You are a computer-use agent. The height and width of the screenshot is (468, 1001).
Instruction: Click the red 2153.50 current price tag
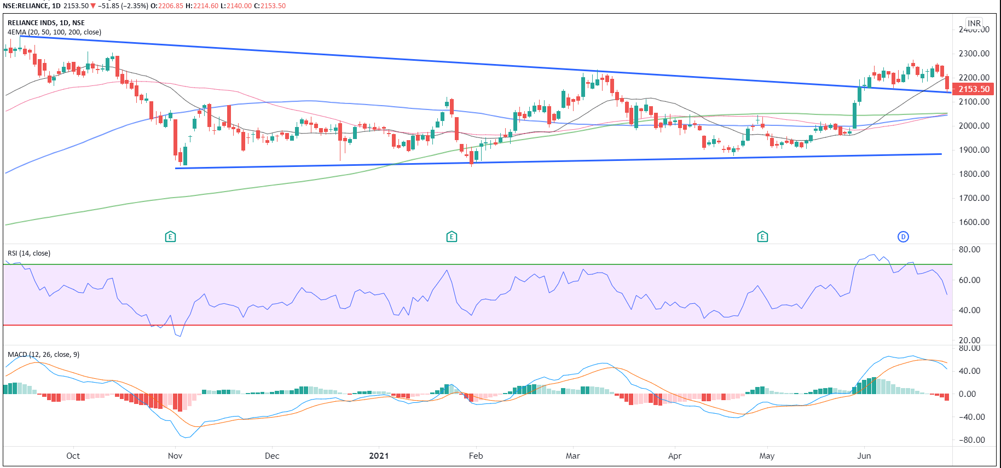click(x=974, y=89)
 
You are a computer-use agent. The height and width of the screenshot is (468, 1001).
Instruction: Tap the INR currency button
click(x=974, y=23)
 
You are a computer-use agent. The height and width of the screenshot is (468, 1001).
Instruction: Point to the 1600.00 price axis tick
click(x=974, y=222)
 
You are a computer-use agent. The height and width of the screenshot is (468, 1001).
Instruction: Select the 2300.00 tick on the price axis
click(x=974, y=54)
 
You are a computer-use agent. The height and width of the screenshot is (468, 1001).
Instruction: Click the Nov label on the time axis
click(x=175, y=455)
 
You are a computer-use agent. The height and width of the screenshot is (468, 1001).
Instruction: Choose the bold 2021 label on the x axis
click(x=379, y=455)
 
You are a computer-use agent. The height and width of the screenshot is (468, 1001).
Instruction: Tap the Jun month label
click(x=864, y=455)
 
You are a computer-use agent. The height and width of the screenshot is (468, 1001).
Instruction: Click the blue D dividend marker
click(x=903, y=236)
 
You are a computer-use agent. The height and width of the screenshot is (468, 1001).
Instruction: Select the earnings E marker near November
click(x=170, y=236)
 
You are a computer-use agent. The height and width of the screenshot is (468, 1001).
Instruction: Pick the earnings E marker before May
click(x=762, y=236)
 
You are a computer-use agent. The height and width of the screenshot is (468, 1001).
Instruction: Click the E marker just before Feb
click(x=452, y=236)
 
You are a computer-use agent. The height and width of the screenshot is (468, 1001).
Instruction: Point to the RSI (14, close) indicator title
click(x=29, y=253)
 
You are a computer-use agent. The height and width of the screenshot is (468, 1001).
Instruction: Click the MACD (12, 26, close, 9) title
click(x=43, y=354)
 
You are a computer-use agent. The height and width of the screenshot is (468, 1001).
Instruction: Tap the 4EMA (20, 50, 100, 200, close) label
click(x=54, y=32)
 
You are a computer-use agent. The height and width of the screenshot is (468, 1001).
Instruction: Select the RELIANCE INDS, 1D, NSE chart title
click(x=46, y=22)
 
